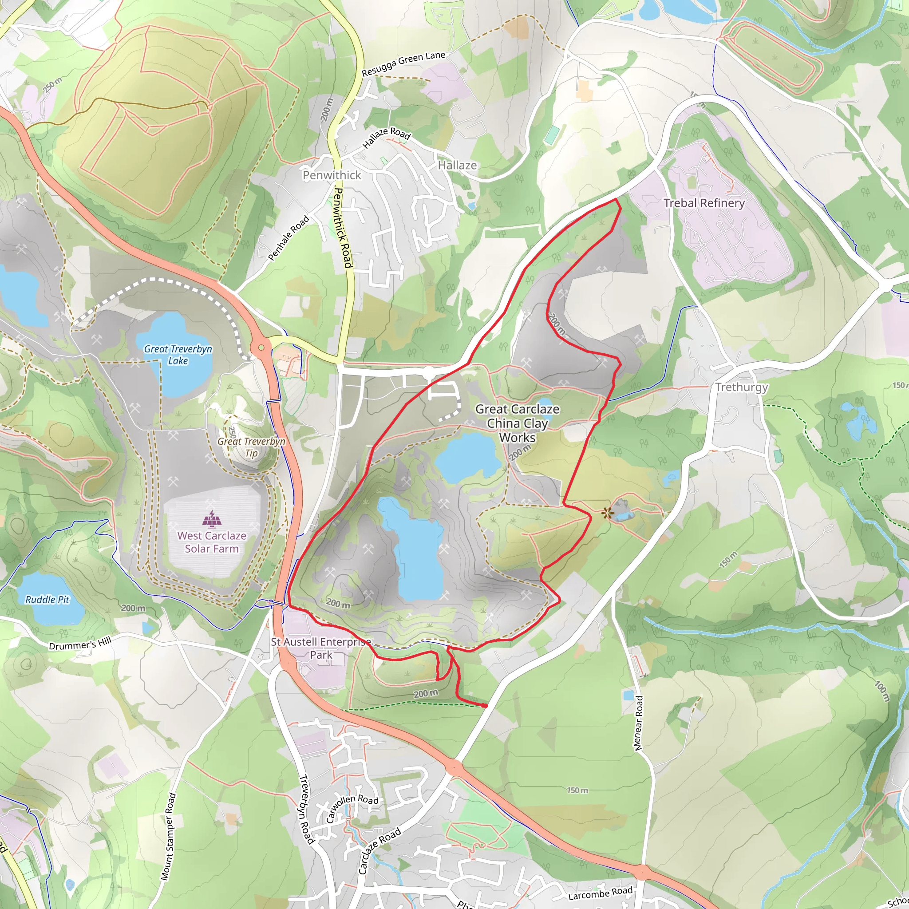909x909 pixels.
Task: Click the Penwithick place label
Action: (x=332, y=175)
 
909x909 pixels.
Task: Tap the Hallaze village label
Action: (x=457, y=165)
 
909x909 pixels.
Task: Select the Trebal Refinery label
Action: (x=704, y=203)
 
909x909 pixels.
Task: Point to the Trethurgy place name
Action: (x=742, y=387)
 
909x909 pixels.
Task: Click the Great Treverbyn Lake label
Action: (x=178, y=355)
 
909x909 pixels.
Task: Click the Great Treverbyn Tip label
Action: (x=251, y=447)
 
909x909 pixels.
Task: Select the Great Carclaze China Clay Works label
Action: (x=517, y=423)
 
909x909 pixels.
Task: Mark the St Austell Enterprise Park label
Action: (x=321, y=648)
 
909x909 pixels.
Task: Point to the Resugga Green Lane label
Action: (x=403, y=64)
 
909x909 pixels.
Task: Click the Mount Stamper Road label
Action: (x=168, y=837)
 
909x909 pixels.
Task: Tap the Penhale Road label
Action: (x=289, y=237)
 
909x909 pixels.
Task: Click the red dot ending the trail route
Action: (x=484, y=706)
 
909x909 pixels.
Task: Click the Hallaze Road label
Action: (x=387, y=138)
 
